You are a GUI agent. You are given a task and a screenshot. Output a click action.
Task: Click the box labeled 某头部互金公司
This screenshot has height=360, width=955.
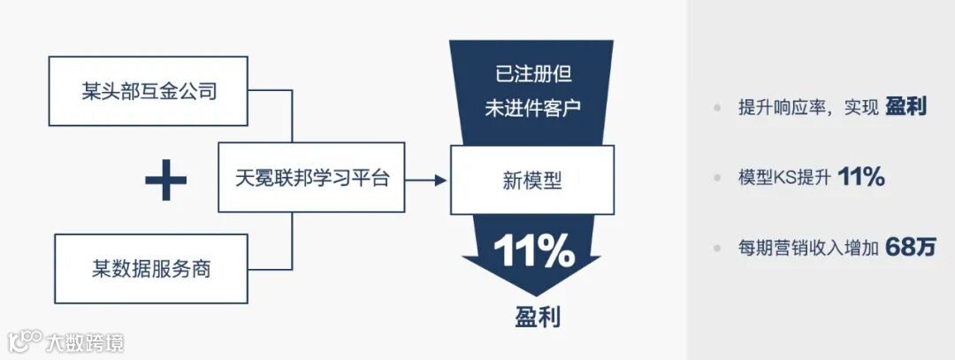[x=149, y=91]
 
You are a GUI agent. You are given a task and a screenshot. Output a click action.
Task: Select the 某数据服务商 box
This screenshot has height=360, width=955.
[x=152, y=269]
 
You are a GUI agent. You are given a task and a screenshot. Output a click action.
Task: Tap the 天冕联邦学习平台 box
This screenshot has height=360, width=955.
[x=311, y=177]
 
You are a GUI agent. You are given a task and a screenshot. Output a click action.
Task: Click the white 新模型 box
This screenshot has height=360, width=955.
[x=531, y=180]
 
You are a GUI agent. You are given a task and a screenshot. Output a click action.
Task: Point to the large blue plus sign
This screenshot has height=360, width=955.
[x=165, y=180]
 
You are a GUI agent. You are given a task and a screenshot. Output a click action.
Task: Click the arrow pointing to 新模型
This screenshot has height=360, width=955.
[x=428, y=180]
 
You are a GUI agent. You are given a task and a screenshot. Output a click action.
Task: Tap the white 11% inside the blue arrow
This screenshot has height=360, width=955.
[x=533, y=253]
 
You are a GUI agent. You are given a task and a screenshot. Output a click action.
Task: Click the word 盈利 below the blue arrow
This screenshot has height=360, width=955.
[x=538, y=315]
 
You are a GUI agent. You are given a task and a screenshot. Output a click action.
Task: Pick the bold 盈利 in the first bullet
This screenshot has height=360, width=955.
[x=905, y=107]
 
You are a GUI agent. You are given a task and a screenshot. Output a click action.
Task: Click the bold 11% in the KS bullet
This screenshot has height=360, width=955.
[x=860, y=177]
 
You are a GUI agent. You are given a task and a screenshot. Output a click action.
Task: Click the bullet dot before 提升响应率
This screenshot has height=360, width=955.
[x=717, y=108]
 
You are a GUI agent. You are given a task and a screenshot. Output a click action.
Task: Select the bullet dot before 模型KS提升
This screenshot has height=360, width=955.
[x=717, y=178]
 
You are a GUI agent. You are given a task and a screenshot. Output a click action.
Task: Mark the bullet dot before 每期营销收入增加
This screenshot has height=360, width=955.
[x=717, y=249]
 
